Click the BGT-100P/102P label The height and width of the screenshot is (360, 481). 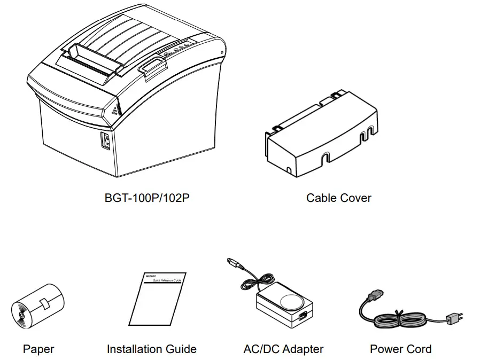pos(147,198)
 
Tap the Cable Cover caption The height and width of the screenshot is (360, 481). pos(338,198)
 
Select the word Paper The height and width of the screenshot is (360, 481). pos(38,349)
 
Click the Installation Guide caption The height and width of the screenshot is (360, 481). pos(151,349)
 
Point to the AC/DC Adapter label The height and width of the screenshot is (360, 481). pos(283,349)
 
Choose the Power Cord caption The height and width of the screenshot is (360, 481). pos(400,349)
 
